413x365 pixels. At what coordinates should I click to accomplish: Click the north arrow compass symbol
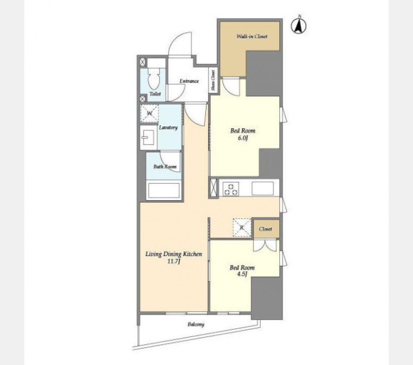[x=299, y=26]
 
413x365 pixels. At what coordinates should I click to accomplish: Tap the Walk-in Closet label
[x=252, y=36]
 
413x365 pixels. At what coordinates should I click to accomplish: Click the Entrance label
[x=189, y=81]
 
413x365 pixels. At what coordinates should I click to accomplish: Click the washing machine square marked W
[x=149, y=113]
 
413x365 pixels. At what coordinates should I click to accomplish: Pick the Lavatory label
[x=168, y=127]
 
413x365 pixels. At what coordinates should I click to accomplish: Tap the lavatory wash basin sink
[x=148, y=137]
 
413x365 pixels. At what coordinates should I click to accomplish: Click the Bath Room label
[x=165, y=167]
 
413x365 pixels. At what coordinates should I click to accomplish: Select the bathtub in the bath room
[x=164, y=190]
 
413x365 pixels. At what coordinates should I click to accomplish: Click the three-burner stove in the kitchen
[x=231, y=189]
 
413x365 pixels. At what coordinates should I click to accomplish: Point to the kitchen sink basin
[x=262, y=189]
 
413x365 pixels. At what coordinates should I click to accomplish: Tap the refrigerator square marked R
[x=242, y=228]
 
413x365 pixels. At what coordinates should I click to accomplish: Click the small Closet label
[x=265, y=229]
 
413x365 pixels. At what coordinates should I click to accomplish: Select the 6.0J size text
[x=243, y=138]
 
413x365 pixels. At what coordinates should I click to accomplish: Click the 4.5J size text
[x=242, y=274]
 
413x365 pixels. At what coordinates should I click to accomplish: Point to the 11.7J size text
[x=173, y=261]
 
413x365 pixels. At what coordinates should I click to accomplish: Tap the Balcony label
[x=196, y=325]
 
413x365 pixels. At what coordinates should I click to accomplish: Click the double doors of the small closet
[x=265, y=245]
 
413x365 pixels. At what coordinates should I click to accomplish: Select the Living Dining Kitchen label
[x=174, y=254]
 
